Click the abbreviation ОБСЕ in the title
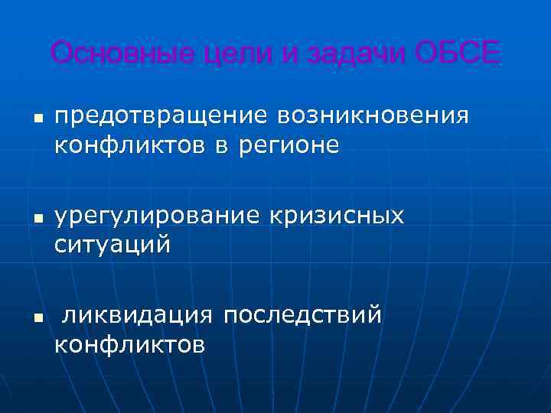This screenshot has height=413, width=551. tap(457, 54)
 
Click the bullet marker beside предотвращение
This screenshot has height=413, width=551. tap(35, 119)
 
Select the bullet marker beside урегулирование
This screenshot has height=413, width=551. tap(35, 220)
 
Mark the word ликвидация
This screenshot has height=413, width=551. tap(137, 315)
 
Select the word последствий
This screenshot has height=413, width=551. tap(302, 315)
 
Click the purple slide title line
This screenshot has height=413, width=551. tap(275, 54)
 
